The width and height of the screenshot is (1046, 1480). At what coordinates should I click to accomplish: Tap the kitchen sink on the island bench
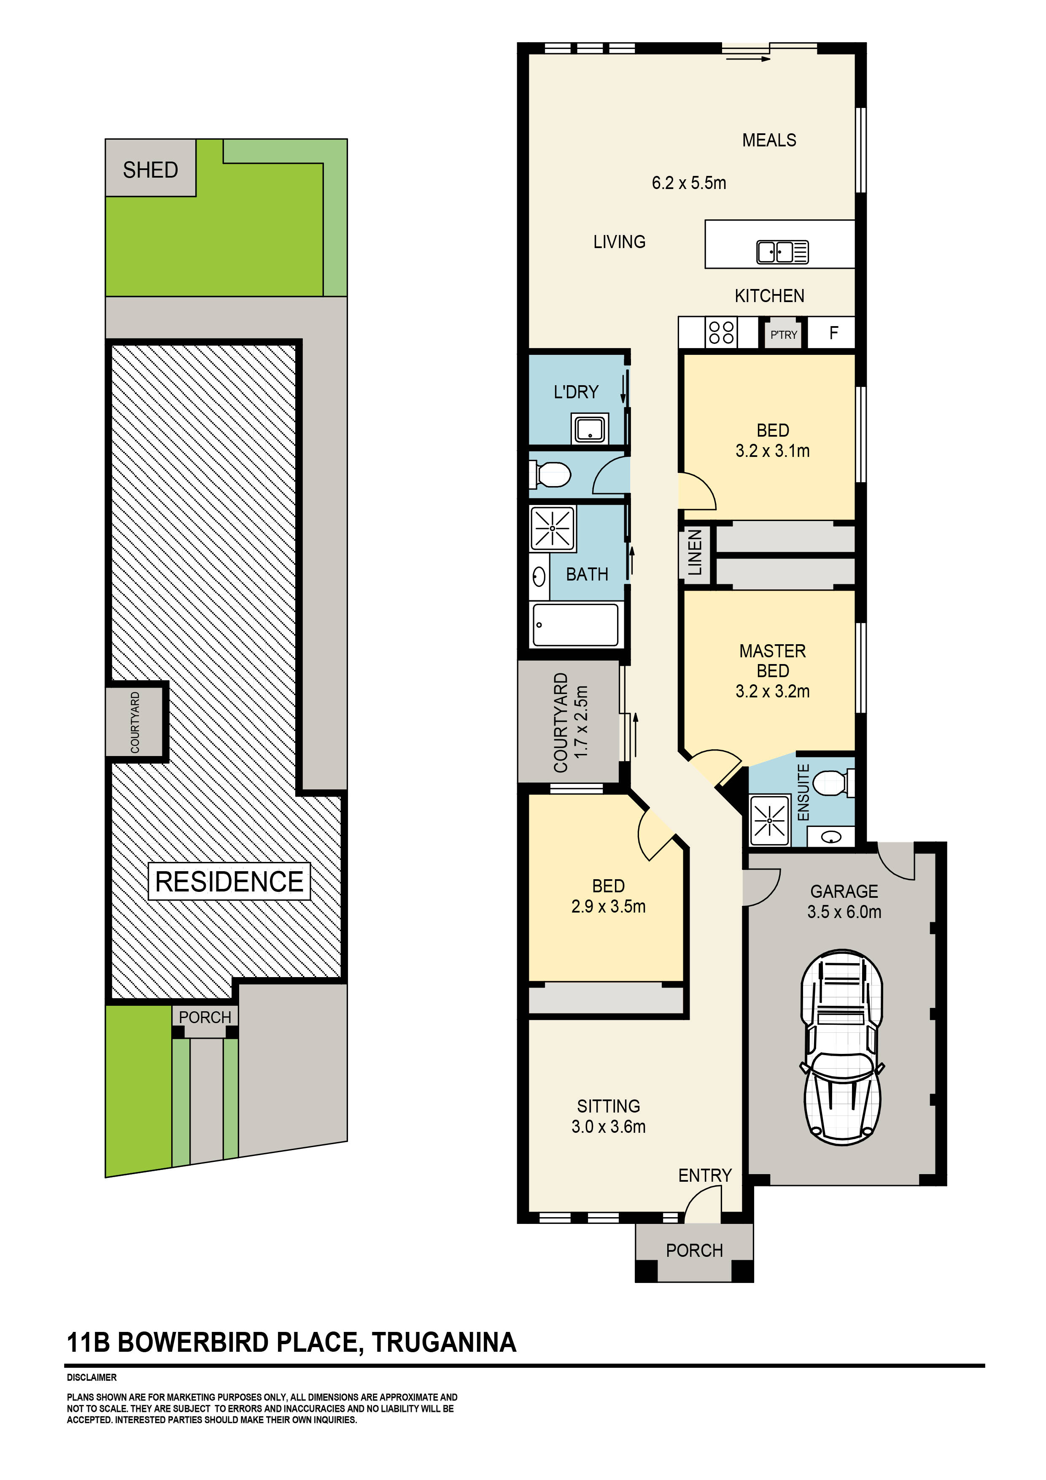[782, 251]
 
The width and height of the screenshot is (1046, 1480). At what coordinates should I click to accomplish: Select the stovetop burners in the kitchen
[721, 332]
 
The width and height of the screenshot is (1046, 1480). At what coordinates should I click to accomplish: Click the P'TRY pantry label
[784, 335]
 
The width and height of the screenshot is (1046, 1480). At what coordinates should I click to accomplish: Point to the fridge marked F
[833, 332]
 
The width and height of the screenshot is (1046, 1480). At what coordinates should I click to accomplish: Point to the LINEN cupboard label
[694, 552]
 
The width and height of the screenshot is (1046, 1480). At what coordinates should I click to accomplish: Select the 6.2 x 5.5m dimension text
[688, 183]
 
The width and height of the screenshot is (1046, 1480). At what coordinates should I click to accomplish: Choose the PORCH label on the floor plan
[694, 1250]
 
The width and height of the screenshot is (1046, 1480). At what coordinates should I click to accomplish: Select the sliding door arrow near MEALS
[748, 59]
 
